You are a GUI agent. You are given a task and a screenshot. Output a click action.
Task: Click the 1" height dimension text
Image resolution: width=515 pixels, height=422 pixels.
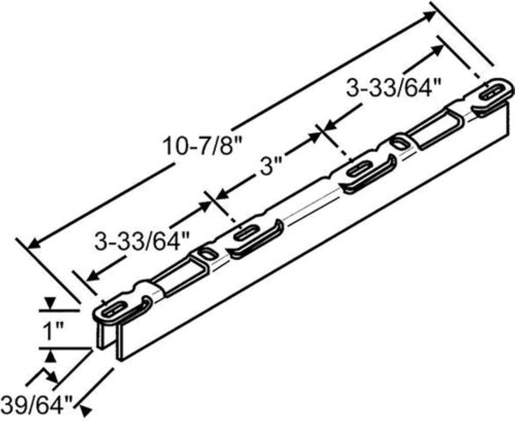[x=53, y=332]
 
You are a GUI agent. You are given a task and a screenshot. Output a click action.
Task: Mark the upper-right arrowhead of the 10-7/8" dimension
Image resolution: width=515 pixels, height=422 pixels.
[x=430, y=15]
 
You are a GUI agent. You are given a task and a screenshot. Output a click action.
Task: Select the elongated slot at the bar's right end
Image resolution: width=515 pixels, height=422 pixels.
[x=491, y=92]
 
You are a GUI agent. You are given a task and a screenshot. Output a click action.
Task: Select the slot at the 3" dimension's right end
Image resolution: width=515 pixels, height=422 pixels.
[x=360, y=169]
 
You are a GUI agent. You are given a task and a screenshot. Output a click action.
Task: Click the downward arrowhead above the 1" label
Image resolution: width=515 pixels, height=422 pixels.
[x=49, y=304]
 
